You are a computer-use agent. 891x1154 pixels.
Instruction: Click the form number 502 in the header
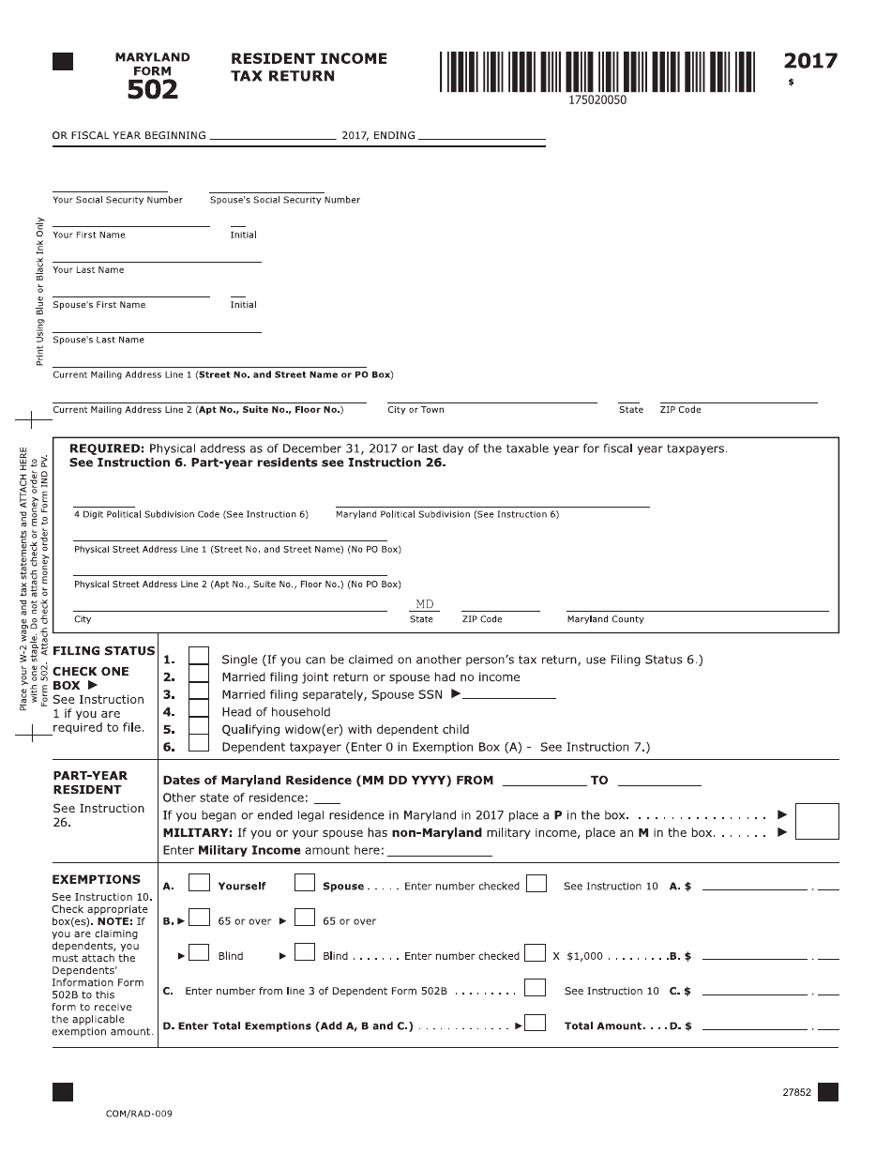click(x=153, y=89)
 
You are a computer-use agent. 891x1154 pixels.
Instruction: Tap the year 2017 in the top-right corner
click(x=810, y=62)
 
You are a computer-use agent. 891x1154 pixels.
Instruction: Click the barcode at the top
click(x=597, y=71)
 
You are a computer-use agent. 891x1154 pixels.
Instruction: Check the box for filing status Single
click(x=199, y=658)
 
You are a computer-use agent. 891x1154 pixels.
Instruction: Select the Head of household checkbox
click(x=199, y=710)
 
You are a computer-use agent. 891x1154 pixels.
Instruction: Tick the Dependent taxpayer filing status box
click(x=199, y=745)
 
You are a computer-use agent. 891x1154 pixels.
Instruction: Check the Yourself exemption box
click(x=199, y=884)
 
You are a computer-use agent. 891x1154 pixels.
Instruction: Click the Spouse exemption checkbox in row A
click(x=304, y=884)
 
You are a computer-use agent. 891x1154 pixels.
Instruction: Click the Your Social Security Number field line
click(x=110, y=190)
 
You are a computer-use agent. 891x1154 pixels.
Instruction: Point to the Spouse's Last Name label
click(x=98, y=340)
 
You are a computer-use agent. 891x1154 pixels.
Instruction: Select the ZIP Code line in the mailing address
click(x=738, y=402)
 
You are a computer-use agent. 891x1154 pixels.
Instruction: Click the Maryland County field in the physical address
click(x=697, y=610)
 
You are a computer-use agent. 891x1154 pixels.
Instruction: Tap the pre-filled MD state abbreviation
click(x=425, y=605)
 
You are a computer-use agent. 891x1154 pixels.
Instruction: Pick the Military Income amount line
click(x=439, y=855)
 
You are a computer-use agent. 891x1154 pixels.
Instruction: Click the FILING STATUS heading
click(x=103, y=651)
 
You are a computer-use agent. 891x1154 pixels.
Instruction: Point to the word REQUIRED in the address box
click(x=107, y=448)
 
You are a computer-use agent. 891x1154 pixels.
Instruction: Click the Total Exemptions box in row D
click(x=536, y=1024)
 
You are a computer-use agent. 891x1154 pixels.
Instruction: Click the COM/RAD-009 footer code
click(x=139, y=1114)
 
